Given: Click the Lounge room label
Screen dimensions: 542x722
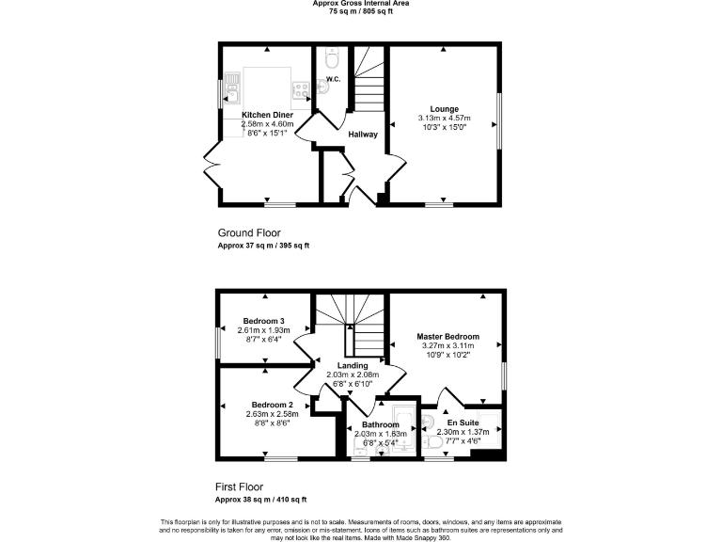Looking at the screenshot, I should (445, 109).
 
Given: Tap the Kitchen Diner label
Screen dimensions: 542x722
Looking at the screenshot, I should (268, 115).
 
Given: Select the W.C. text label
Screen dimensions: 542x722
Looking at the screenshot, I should (332, 78).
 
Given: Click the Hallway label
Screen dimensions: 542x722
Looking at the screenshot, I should (363, 135).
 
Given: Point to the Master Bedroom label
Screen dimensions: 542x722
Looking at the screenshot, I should (448, 337).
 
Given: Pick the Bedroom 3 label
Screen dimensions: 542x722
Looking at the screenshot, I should (262, 320).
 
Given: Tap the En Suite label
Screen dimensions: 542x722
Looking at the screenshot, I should (463, 422).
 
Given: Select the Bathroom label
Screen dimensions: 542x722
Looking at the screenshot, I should (380, 424).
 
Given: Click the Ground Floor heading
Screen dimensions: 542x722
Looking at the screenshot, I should (249, 233).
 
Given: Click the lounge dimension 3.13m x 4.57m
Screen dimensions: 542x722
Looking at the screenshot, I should (445, 118).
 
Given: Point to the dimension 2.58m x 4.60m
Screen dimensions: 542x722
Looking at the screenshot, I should (268, 123).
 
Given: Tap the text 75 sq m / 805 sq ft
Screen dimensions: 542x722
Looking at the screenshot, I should (361, 11).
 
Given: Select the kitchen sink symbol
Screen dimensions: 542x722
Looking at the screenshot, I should (231, 90).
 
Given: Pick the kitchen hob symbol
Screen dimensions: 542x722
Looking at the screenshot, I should (302, 89).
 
